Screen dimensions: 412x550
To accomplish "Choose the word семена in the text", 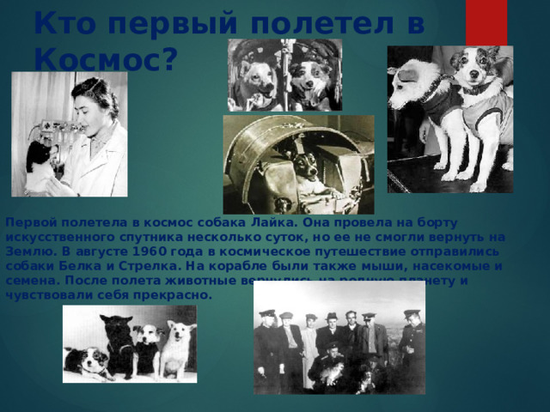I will coord(27,280).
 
